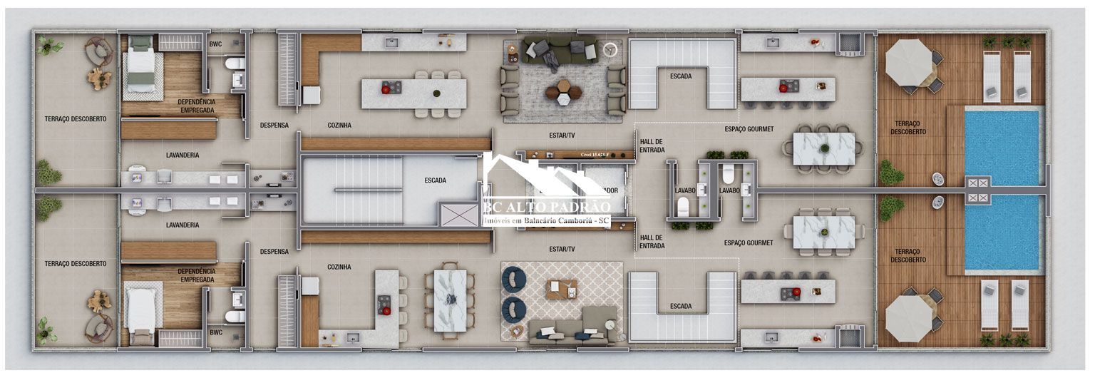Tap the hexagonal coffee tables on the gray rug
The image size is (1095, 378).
(563, 91)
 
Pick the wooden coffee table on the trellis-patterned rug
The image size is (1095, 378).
(562, 289)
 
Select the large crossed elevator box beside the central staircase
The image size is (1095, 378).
(458, 215)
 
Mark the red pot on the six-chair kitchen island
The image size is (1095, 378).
(388, 88)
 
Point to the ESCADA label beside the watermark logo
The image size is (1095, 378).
(435, 180)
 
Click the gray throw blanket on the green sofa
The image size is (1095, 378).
(550, 58)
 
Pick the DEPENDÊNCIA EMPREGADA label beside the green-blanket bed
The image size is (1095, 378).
(197, 106)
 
